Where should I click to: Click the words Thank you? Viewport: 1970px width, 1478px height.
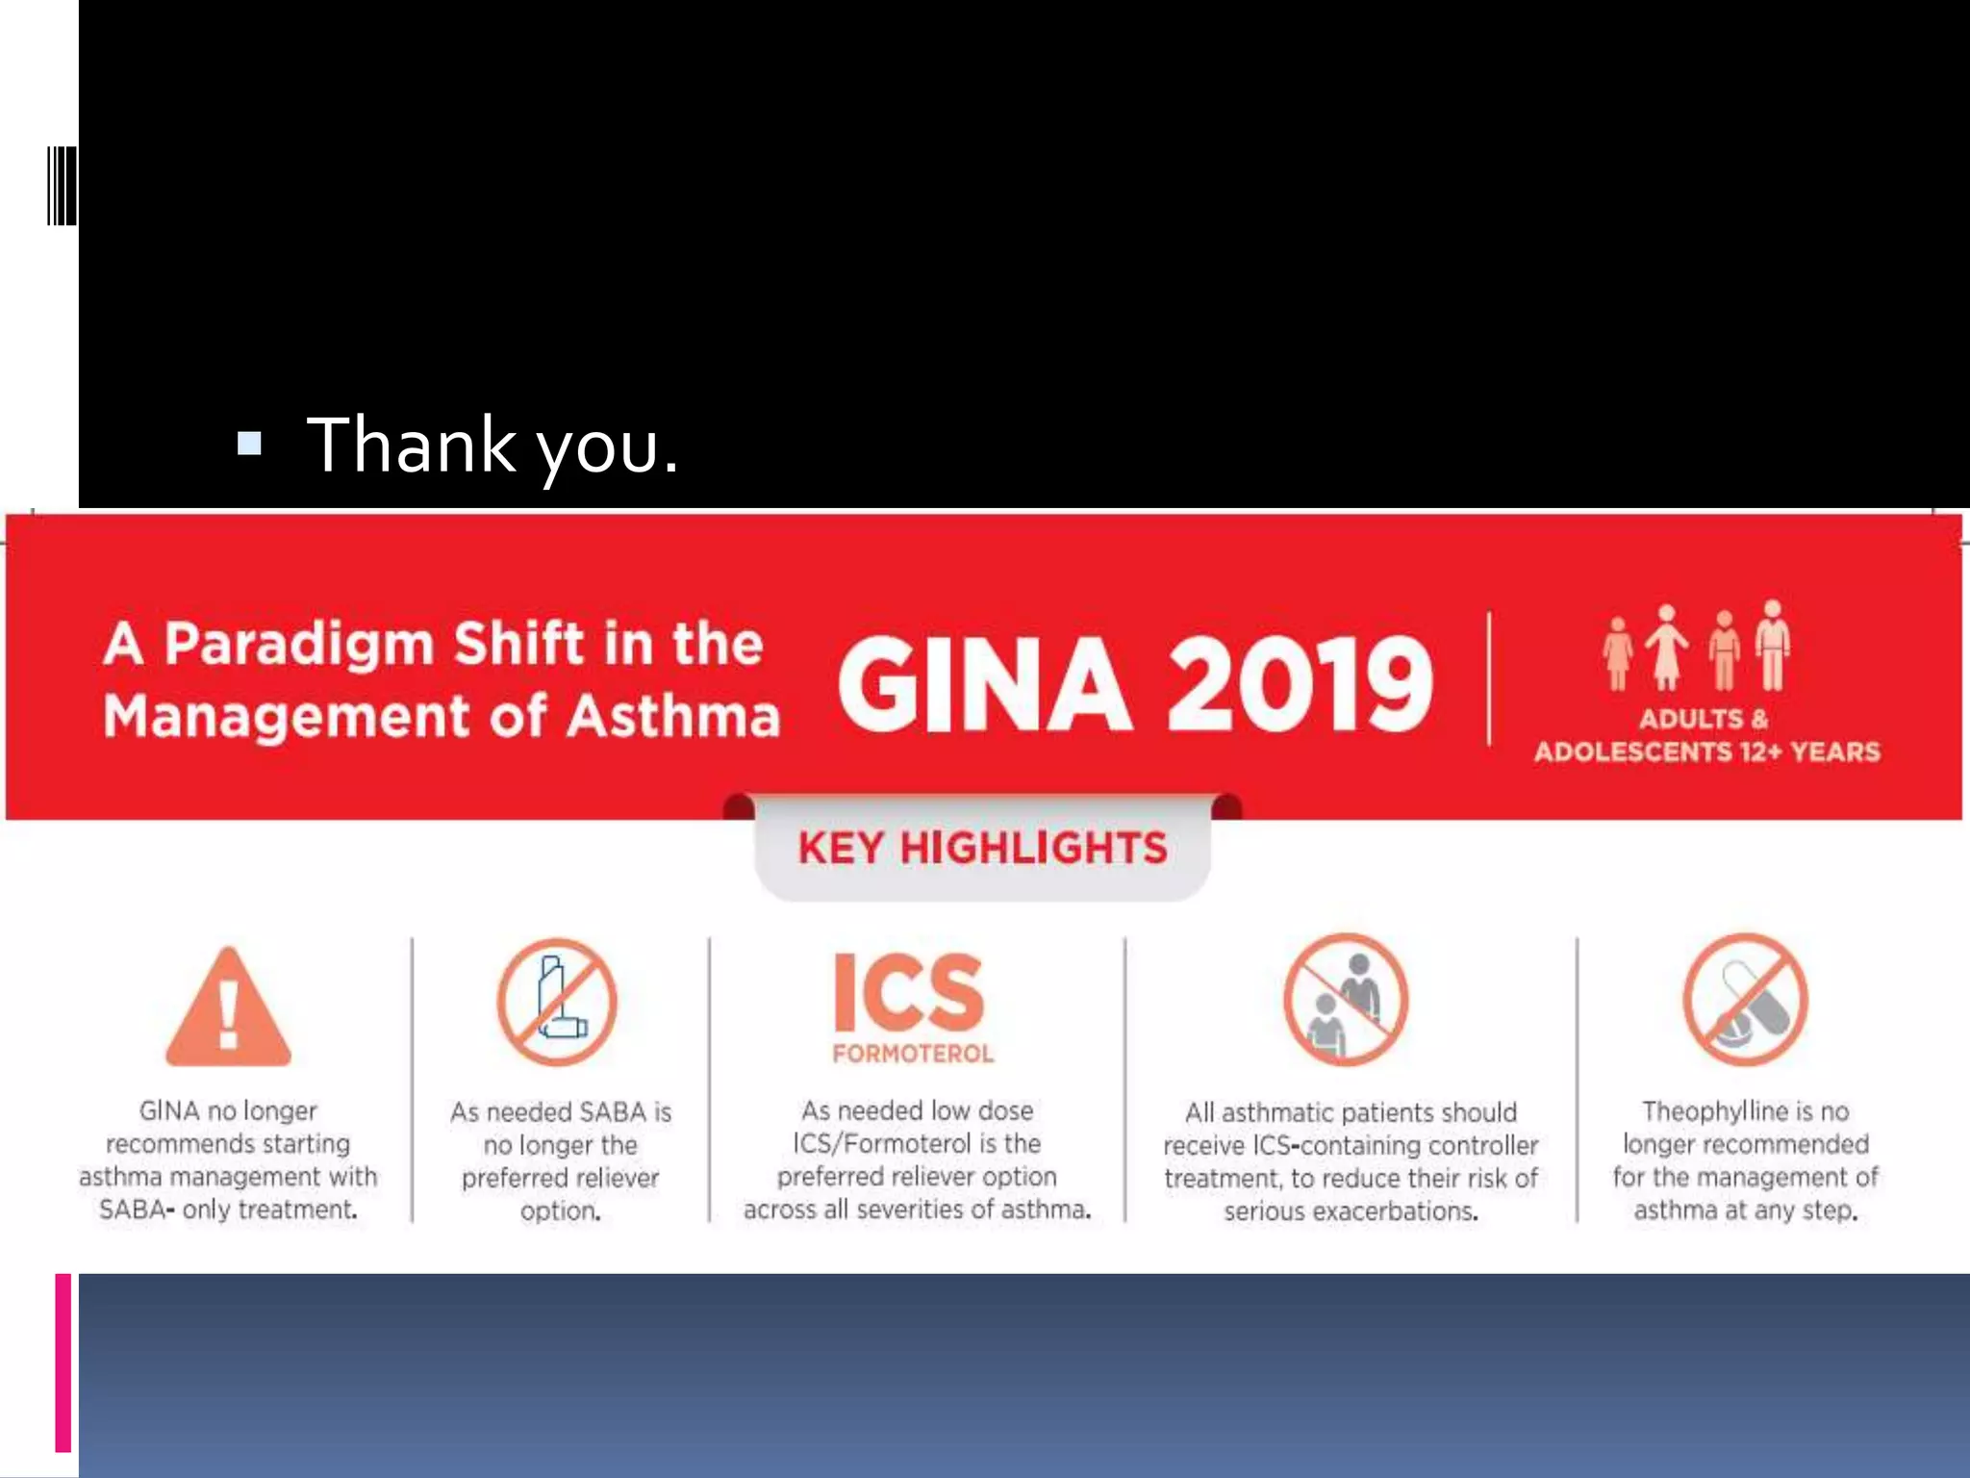tap(492, 446)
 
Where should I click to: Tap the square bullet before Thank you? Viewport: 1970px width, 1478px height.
tap(249, 443)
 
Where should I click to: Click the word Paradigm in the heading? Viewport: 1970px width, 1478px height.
tap(299, 644)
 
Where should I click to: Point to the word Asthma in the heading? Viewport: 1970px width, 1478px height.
tap(672, 718)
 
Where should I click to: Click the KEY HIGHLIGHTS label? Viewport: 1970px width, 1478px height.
tap(982, 848)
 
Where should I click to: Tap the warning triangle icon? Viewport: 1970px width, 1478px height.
tap(228, 1008)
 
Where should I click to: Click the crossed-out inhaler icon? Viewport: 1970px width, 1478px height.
tap(557, 1002)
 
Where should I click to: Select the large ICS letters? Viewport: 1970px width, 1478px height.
tap(909, 993)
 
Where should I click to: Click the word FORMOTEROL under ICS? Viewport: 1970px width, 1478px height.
tap(913, 1054)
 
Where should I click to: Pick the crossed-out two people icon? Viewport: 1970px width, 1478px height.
tap(1346, 1000)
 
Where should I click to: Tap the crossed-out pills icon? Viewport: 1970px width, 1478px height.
tap(1745, 1000)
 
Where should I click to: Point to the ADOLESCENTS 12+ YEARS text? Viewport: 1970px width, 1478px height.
tap(1706, 752)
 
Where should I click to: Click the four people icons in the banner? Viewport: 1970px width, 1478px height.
tap(1695, 647)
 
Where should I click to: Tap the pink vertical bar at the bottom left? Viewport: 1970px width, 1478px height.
tap(63, 1362)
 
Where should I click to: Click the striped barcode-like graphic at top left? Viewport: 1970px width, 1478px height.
tap(62, 186)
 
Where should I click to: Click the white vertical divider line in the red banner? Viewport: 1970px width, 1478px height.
tap(1489, 678)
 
